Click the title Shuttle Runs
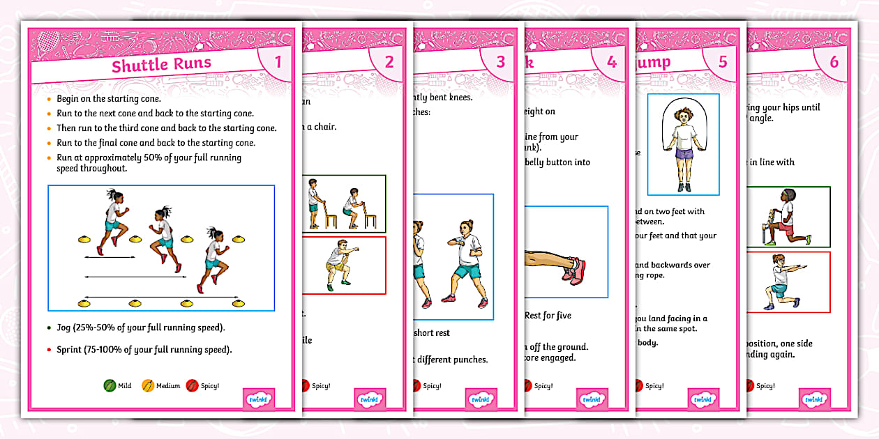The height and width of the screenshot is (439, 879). [161, 66]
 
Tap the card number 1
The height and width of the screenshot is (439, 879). [278, 62]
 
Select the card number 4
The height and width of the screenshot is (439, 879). [612, 62]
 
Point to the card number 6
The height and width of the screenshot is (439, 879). [834, 62]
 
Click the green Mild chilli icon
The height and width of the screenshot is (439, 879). [110, 385]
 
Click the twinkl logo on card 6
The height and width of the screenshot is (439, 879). [813, 400]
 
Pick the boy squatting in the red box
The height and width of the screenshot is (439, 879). [338, 265]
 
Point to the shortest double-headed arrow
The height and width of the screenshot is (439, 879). [110, 258]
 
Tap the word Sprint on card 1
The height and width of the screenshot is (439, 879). [70, 350]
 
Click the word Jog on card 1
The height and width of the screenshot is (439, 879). [63, 328]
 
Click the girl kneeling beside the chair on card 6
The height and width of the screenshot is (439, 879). [783, 217]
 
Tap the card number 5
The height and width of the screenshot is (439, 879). [723, 62]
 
